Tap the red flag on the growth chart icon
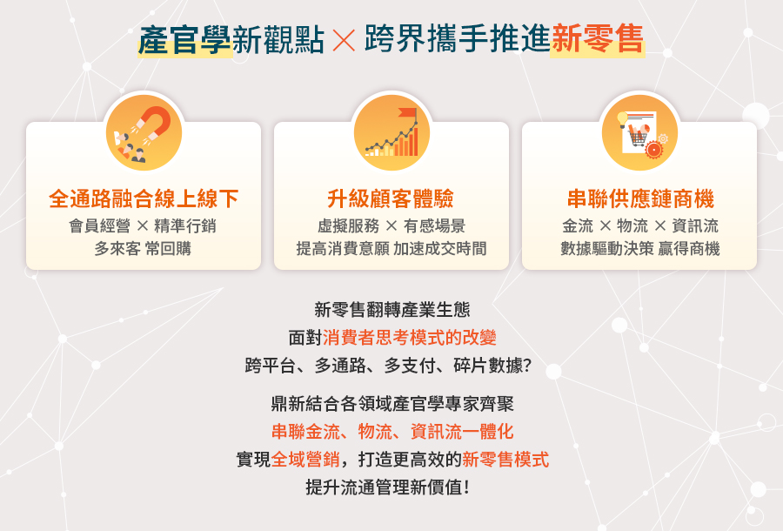point(407,113)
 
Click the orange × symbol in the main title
point(344,41)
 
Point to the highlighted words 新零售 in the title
point(597,39)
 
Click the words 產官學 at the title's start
point(184,40)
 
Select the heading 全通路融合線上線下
point(144,198)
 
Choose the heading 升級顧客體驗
point(391,198)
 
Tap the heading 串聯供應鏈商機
point(640,198)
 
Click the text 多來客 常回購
point(143,248)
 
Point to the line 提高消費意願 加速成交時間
point(391,248)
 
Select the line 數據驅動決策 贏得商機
point(640,248)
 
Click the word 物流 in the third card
point(632,225)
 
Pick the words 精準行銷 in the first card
point(185,225)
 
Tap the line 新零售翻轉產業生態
point(392,310)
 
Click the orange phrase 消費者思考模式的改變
point(410,338)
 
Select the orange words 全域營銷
point(305,459)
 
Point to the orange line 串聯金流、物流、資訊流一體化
point(392,432)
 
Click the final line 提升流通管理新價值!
point(388,487)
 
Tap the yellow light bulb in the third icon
point(622,119)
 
